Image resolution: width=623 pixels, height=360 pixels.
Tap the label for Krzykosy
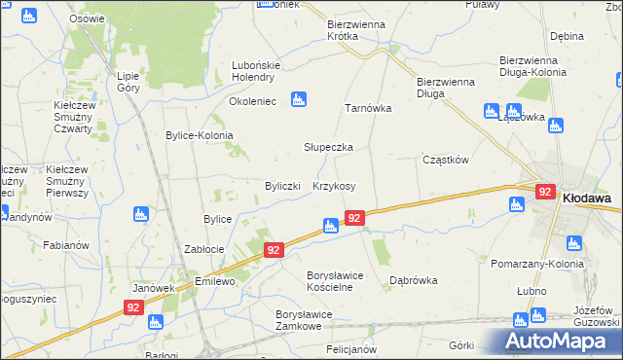tap(334, 186)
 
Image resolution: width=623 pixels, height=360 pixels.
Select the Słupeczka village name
tap(328, 147)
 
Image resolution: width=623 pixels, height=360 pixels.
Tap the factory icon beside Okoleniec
tap(299, 98)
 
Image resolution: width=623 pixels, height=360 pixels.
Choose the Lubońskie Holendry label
tap(256, 71)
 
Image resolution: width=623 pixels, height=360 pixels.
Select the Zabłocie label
tap(205, 249)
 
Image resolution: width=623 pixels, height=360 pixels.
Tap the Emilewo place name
tap(216, 281)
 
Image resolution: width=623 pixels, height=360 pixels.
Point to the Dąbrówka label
tap(413, 280)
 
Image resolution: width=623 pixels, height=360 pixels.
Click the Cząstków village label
tap(446, 160)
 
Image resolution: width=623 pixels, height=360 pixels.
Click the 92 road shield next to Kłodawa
tap(544, 193)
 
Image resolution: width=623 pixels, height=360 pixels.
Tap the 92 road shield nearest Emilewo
tap(275, 250)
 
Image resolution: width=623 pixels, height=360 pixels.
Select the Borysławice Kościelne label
tap(320, 281)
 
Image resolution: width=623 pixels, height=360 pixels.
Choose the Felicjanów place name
tap(351, 348)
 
